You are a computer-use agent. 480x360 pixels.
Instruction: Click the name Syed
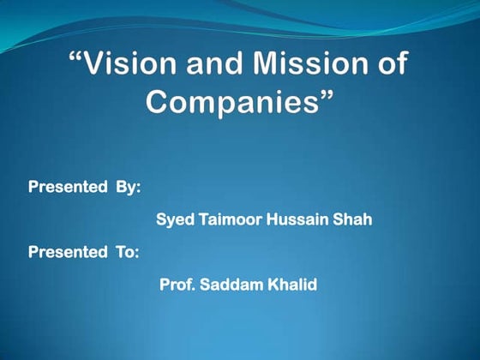tap(174, 220)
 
